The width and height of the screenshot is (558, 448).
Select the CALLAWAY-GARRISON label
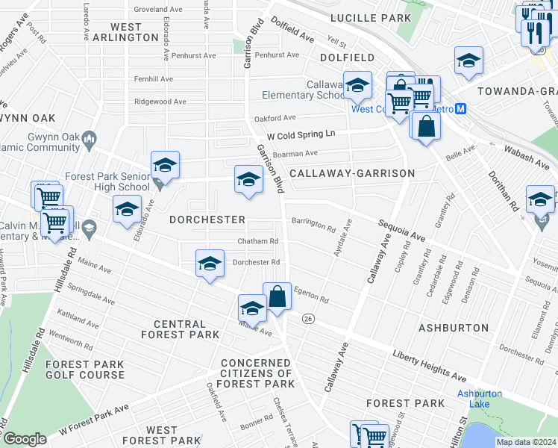point(352,173)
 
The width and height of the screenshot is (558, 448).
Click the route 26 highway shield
point(307,319)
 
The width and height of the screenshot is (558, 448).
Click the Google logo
point(25,439)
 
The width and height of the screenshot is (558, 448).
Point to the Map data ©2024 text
point(527,442)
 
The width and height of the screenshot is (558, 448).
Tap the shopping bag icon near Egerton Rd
point(277,297)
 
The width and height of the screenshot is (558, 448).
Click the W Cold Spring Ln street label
point(302,133)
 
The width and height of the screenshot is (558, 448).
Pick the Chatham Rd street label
point(257,242)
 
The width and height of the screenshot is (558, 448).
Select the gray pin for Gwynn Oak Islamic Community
point(90,137)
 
